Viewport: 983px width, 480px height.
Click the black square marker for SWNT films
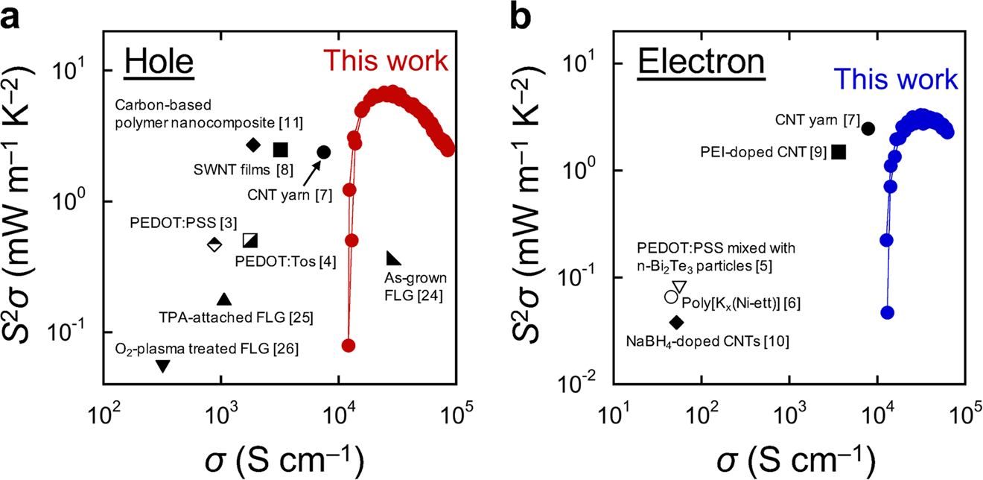[x=280, y=150]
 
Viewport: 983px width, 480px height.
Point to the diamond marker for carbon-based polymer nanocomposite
[x=253, y=145]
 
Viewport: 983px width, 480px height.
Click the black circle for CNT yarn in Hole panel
[x=323, y=152]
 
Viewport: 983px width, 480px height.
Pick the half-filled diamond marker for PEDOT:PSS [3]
[x=214, y=244]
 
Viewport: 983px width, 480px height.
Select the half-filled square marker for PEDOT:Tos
[x=250, y=240]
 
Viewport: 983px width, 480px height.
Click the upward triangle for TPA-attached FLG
[x=223, y=299]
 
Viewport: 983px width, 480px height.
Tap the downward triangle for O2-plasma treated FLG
[x=163, y=365]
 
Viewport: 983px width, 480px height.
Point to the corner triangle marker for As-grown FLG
[x=393, y=259]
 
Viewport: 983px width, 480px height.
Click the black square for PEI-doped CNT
[x=839, y=152]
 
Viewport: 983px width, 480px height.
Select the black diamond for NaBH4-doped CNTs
[x=676, y=322]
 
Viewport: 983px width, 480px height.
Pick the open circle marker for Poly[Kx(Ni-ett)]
[x=670, y=297]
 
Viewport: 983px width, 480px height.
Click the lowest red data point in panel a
[x=348, y=345]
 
